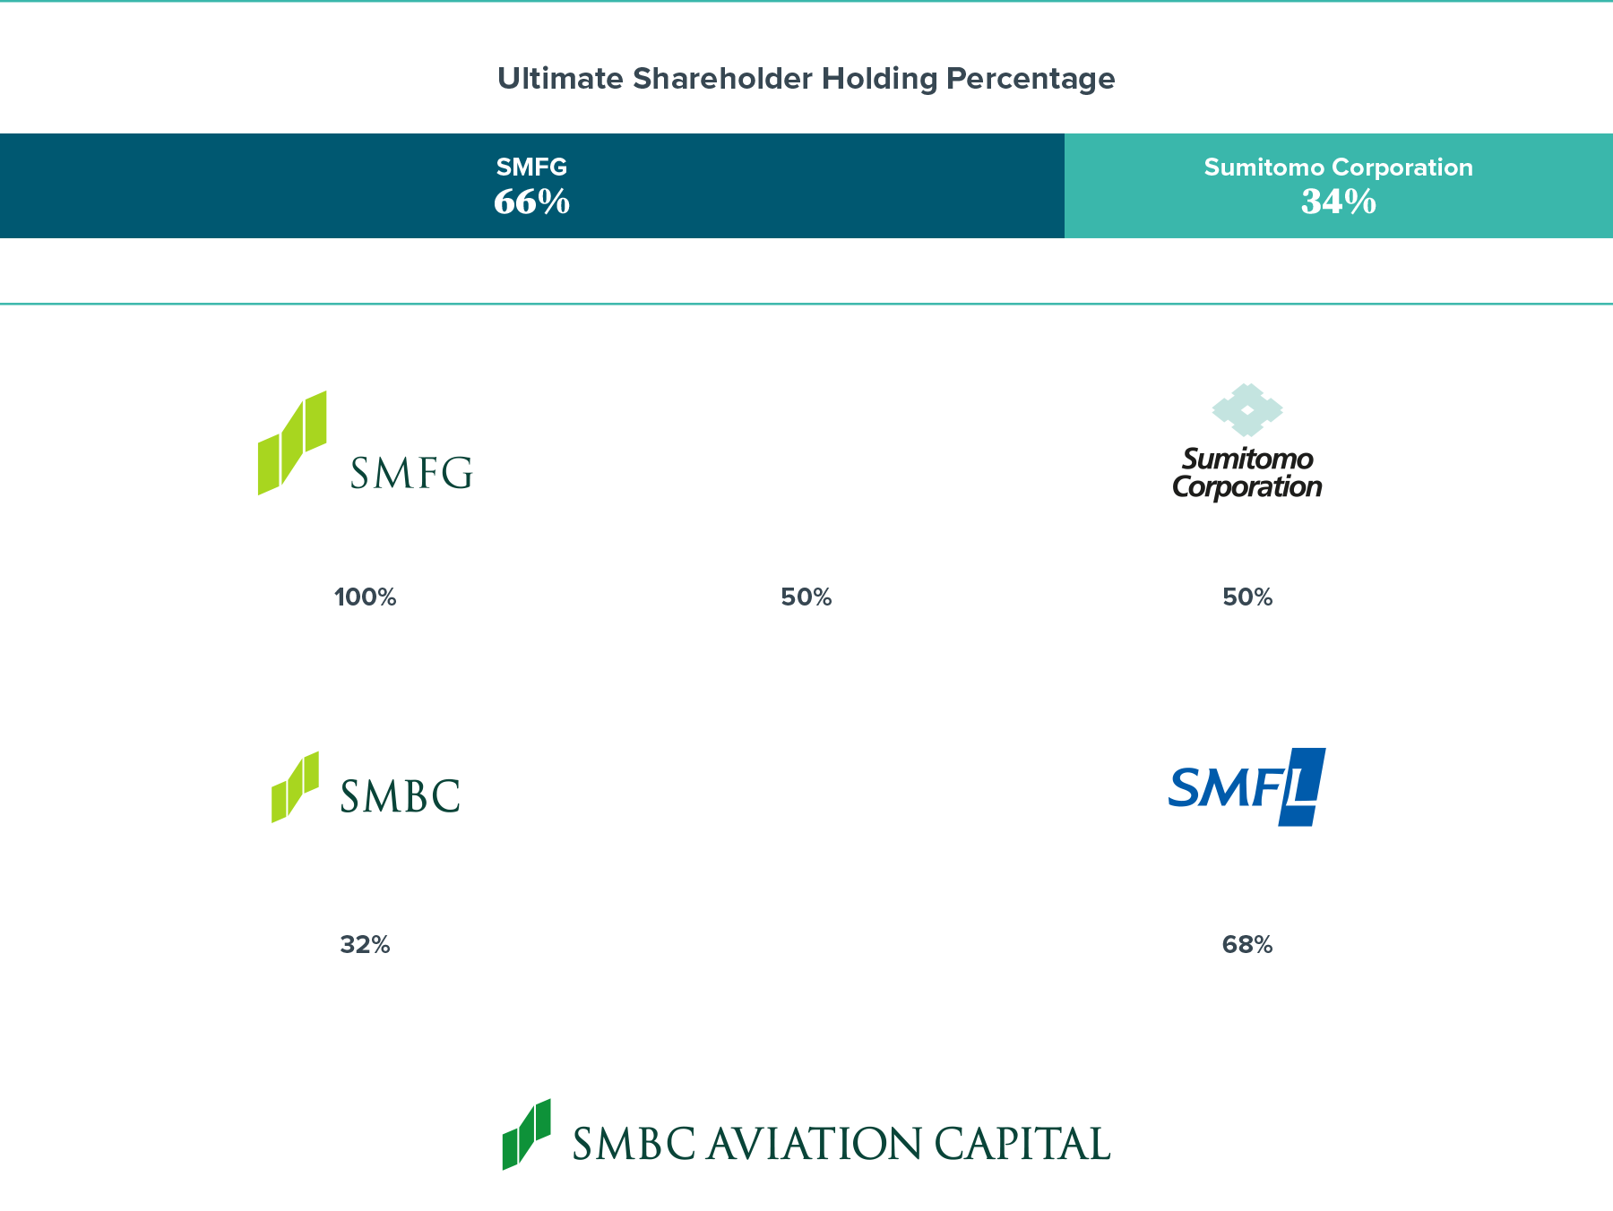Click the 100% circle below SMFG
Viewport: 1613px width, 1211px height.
point(365,597)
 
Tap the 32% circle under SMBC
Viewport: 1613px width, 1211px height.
point(365,944)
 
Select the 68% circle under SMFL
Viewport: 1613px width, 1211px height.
point(1247,944)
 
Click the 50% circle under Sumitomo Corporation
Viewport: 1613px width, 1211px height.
point(1247,597)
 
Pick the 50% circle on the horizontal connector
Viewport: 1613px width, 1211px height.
point(806,597)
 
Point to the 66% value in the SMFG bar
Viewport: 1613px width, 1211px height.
point(531,202)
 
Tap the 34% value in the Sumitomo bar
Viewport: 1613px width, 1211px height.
point(1338,202)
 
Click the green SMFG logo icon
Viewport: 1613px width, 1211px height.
point(292,442)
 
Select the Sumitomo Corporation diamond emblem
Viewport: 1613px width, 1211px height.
point(1247,409)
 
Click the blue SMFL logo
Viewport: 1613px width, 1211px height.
point(1247,787)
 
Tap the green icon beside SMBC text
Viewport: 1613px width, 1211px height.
point(295,787)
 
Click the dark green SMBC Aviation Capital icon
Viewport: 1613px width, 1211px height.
point(526,1135)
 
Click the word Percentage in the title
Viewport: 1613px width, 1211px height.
point(1031,79)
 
